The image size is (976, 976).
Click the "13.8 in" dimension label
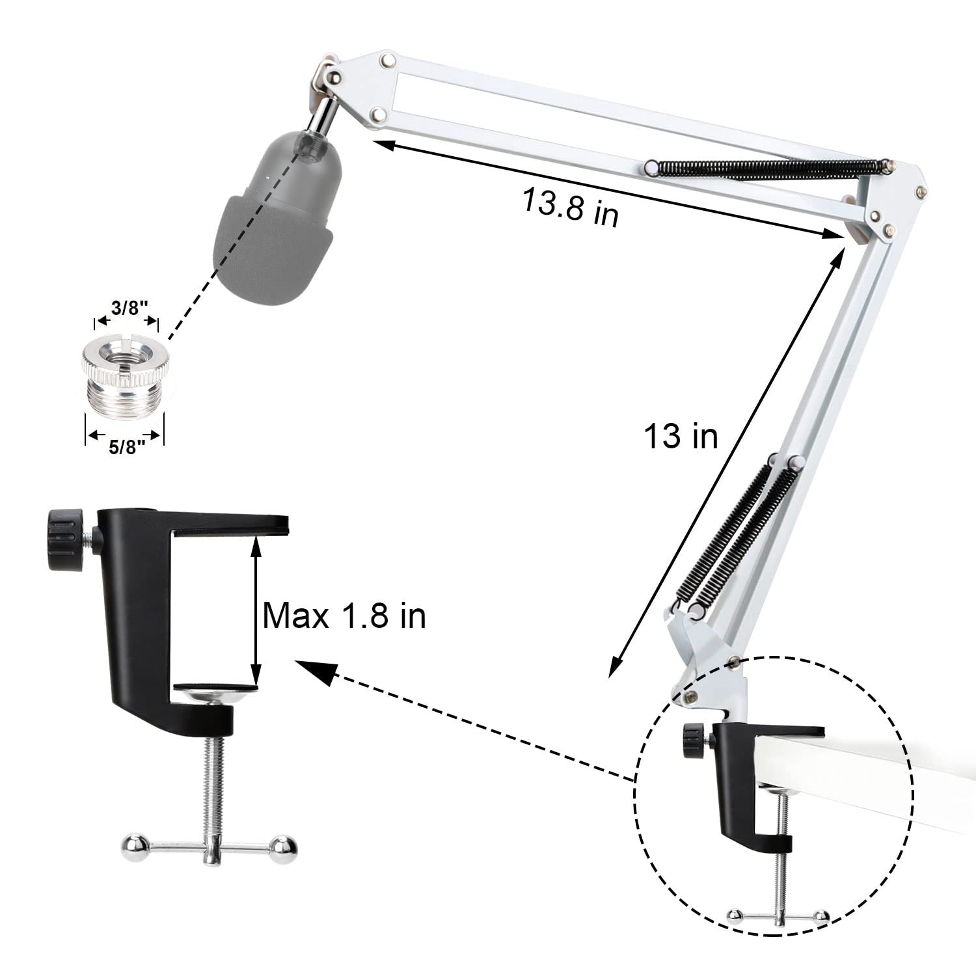coord(570,207)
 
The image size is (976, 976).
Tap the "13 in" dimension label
coord(680,435)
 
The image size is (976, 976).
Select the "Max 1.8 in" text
coord(344,615)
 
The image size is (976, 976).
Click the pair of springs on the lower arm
coord(739,530)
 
